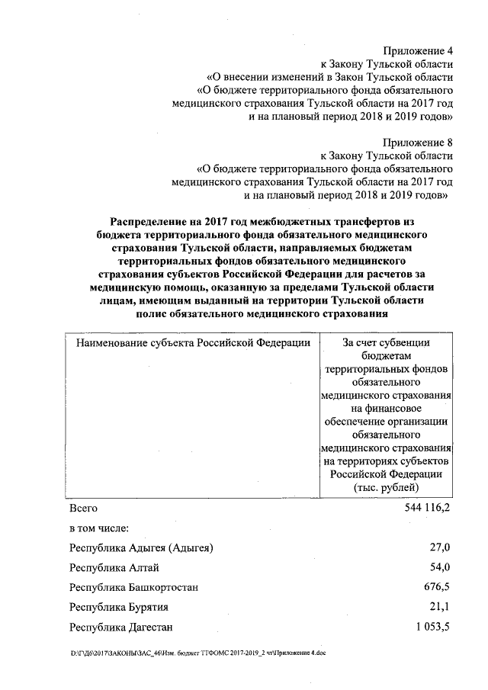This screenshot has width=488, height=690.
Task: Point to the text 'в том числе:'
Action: coord(98,528)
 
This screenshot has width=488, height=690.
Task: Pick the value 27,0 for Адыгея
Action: coord(441,548)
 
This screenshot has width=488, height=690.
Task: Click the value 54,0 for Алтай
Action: coord(441,568)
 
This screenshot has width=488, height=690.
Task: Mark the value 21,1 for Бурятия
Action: coord(441,608)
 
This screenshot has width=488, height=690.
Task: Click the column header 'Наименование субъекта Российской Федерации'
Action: coord(193,342)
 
